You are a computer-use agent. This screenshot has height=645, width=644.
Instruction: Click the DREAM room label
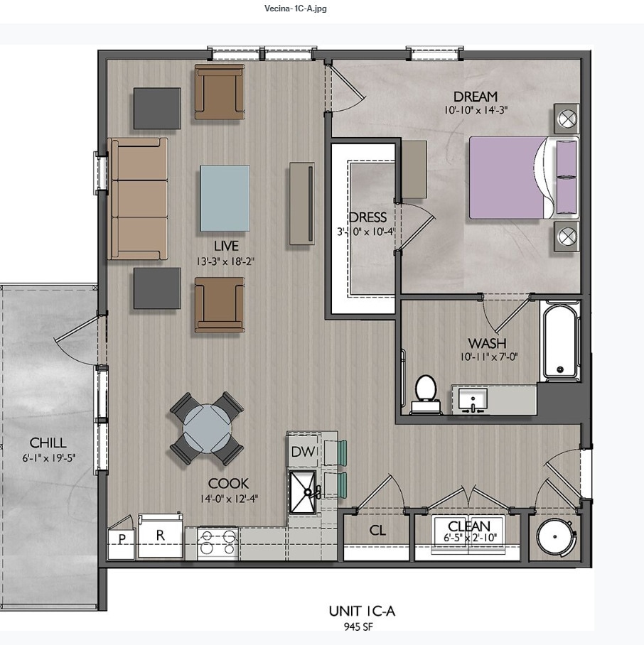click(476, 97)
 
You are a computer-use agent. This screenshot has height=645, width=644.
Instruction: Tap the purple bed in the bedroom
click(523, 178)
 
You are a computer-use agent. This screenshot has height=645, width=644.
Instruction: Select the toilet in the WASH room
click(426, 394)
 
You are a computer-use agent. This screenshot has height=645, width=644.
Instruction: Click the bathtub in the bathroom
click(560, 340)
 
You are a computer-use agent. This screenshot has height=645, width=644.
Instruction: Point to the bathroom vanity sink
click(473, 400)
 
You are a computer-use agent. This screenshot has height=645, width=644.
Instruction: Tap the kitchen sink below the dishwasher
click(304, 492)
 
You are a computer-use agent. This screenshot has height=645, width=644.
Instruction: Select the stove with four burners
click(218, 543)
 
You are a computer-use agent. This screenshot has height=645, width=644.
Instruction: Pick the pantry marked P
click(122, 539)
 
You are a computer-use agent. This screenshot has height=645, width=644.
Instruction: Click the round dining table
click(207, 428)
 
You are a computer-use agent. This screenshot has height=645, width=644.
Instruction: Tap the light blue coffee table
click(225, 198)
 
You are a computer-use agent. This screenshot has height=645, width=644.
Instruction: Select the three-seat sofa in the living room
click(138, 199)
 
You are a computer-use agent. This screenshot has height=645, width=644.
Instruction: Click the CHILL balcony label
click(48, 443)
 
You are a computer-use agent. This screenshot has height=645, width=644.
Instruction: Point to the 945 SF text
click(358, 627)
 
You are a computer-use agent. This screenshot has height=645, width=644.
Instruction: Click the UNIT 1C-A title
click(362, 612)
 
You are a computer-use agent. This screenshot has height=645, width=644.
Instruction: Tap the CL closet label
click(377, 531)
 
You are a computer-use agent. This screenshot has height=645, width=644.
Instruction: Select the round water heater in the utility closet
click(555, 537)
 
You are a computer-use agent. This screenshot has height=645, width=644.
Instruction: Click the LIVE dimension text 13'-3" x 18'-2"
click(225, 261)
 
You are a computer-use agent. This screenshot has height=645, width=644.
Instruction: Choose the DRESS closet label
click(367, 217)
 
